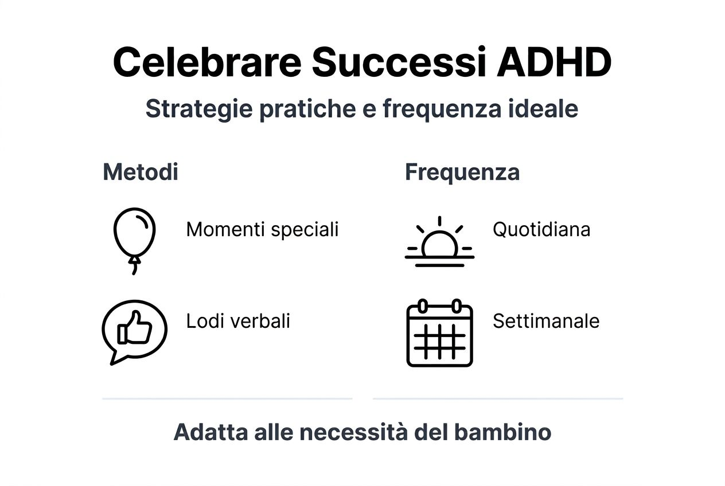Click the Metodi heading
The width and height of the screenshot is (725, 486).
pos(141,172)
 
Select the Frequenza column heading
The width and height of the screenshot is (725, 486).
pos(462,172)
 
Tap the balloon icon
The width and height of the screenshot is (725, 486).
pos(135,234)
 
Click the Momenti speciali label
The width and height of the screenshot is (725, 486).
pos(262,230)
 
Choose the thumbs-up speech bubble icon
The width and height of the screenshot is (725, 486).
pos(134,331)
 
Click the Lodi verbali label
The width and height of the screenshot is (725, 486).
pos(238,321)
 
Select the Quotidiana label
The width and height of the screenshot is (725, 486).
pos(541,230)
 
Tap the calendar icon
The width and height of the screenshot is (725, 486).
pos(439,333)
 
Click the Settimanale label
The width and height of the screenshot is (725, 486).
pos(546,321)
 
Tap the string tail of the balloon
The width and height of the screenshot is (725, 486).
pos(135,266)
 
